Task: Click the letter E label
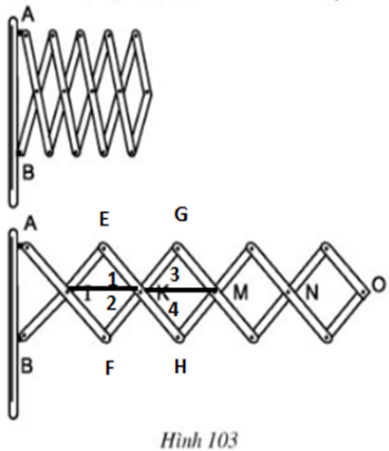point(104,219)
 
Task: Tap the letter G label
point(181,215)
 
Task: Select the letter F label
point(110,368)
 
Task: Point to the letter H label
point(180,367)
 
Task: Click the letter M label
point(241,293)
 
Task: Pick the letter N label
point(312,293)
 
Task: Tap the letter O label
point(378,284)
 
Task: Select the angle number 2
point(112,303)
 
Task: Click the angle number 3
point(175,274)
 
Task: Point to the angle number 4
point(173,310)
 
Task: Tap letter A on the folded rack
point(28,15)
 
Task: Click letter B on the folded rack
point(29,173)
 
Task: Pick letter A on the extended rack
point(31,224)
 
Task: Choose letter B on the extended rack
point(27,366)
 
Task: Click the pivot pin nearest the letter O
point(363,293)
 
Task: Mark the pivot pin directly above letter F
point(104,337)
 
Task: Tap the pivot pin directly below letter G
point(178,248)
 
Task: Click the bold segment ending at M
point(180,290)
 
